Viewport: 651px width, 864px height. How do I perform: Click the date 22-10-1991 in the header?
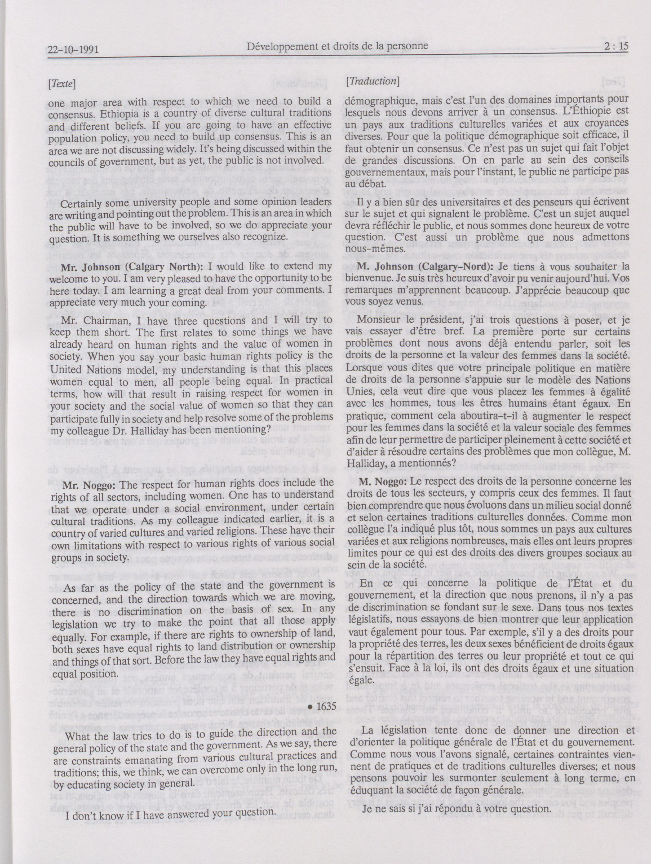(x=73, y=50)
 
